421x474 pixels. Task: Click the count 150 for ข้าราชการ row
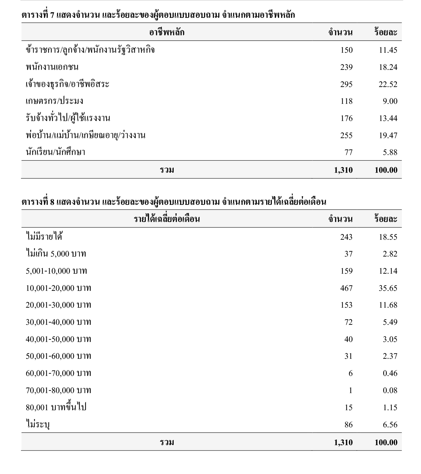346,50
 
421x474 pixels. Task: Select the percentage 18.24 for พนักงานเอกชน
388,67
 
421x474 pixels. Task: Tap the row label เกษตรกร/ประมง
54,101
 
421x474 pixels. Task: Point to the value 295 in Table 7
346,84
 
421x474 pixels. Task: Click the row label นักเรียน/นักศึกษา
55,152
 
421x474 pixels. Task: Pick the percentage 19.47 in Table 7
388,136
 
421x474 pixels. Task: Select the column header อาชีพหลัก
167,32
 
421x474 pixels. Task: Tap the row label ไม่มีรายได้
44,237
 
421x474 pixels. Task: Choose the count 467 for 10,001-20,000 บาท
346,288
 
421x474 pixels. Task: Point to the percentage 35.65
388,288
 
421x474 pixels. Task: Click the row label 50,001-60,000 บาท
58,356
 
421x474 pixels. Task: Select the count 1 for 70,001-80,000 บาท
351,391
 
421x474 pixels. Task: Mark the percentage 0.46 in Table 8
390,373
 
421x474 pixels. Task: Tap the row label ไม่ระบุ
38,425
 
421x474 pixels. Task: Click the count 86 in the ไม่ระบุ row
349,425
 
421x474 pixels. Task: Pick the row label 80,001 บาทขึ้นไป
56,408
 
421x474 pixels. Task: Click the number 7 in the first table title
52,15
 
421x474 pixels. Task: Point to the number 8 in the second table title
52,202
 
